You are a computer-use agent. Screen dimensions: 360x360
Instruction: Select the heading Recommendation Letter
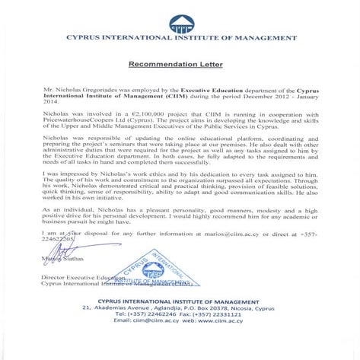[180, 65]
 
